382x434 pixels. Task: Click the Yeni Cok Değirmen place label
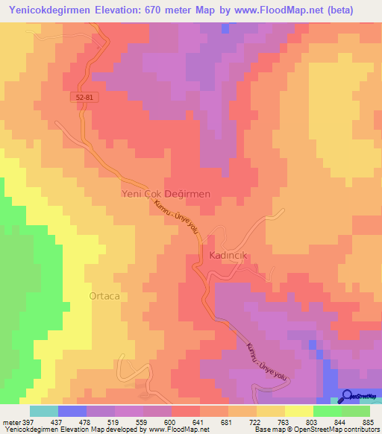tap(166, 193)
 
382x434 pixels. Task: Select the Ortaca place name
tap(104, 295)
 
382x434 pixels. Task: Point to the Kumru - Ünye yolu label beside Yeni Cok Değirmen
tap(176, 218)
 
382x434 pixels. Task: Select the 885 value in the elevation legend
tap(369, 421)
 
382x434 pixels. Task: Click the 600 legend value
tap(158, 421)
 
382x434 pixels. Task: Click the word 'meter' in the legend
tap(10, 421)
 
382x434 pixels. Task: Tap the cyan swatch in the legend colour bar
tap(44, 411)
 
